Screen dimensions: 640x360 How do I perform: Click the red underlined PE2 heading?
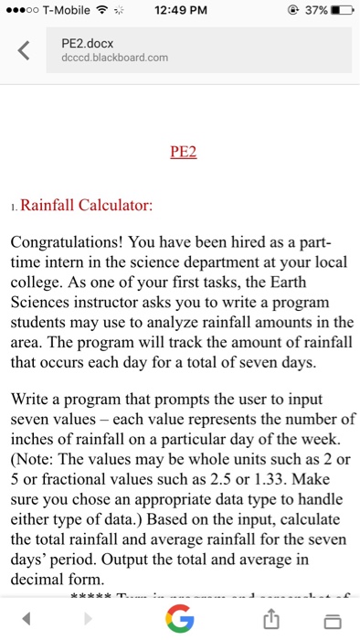(x=184, y=152)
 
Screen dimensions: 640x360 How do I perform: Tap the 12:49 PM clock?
(x=179, y=11)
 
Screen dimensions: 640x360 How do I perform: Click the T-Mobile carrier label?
(x=61, y=11)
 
